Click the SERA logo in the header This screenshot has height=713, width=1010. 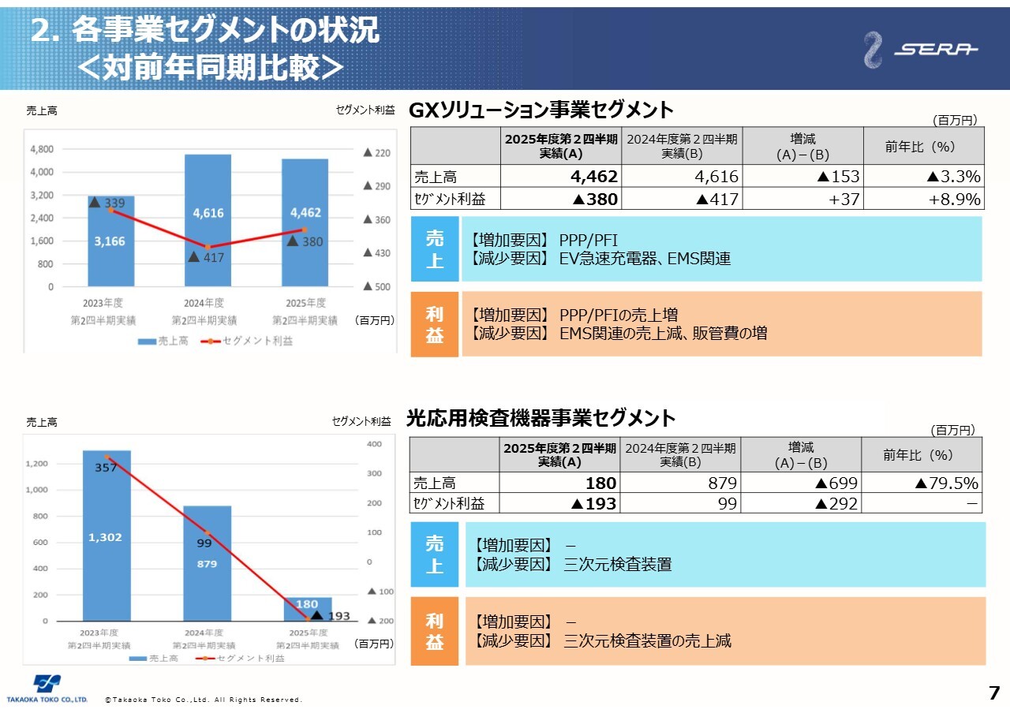[920, 50]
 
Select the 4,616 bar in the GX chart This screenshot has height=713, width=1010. [208, 220]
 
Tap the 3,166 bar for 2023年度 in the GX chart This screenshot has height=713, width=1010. [110, 241]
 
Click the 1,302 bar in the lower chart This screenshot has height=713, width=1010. [107, 536]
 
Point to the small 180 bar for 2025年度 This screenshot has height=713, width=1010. [308, 608]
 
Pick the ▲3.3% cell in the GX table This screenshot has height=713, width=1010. [922, 176]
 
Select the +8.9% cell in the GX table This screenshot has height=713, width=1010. [922, 199]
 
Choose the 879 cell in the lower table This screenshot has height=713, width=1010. [680, 483]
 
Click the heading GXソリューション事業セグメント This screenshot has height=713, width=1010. [541, 110]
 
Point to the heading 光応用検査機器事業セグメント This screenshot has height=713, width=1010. [541, 418]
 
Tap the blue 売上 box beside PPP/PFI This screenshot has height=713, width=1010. [435, 249]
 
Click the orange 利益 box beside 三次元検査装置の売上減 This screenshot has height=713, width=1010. [435, 632]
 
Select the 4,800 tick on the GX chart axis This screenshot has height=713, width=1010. [41, 149]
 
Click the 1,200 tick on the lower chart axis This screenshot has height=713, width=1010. [36, 464]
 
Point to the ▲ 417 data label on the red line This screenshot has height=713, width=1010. [207, 258]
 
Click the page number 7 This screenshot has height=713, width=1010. [993, 694]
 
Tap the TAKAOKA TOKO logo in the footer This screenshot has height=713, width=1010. [47, 689]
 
